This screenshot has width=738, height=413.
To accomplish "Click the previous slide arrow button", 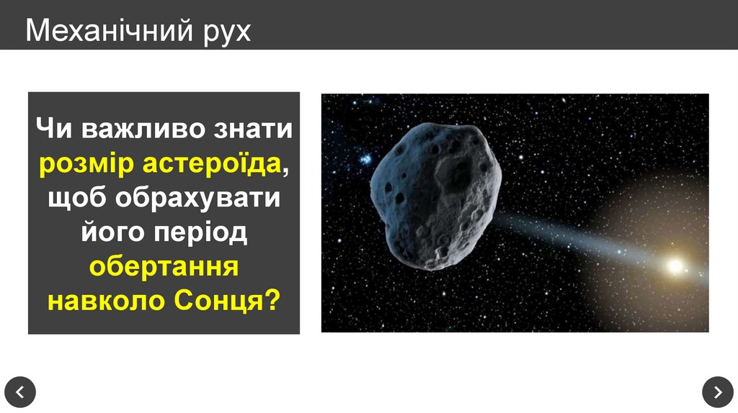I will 19,392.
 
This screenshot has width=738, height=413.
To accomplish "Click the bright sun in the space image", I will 675,266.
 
